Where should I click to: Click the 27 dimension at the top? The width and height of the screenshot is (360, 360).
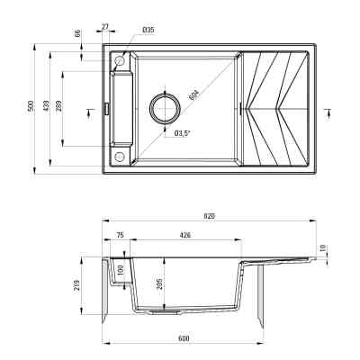coord(105,28)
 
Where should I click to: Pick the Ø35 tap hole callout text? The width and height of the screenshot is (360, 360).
coord(148,30)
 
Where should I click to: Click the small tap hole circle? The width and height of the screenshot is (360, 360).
coord(119,60)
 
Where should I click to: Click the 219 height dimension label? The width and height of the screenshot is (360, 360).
coord(78,286)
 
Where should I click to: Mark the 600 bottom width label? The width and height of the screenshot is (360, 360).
coord(184,339)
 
